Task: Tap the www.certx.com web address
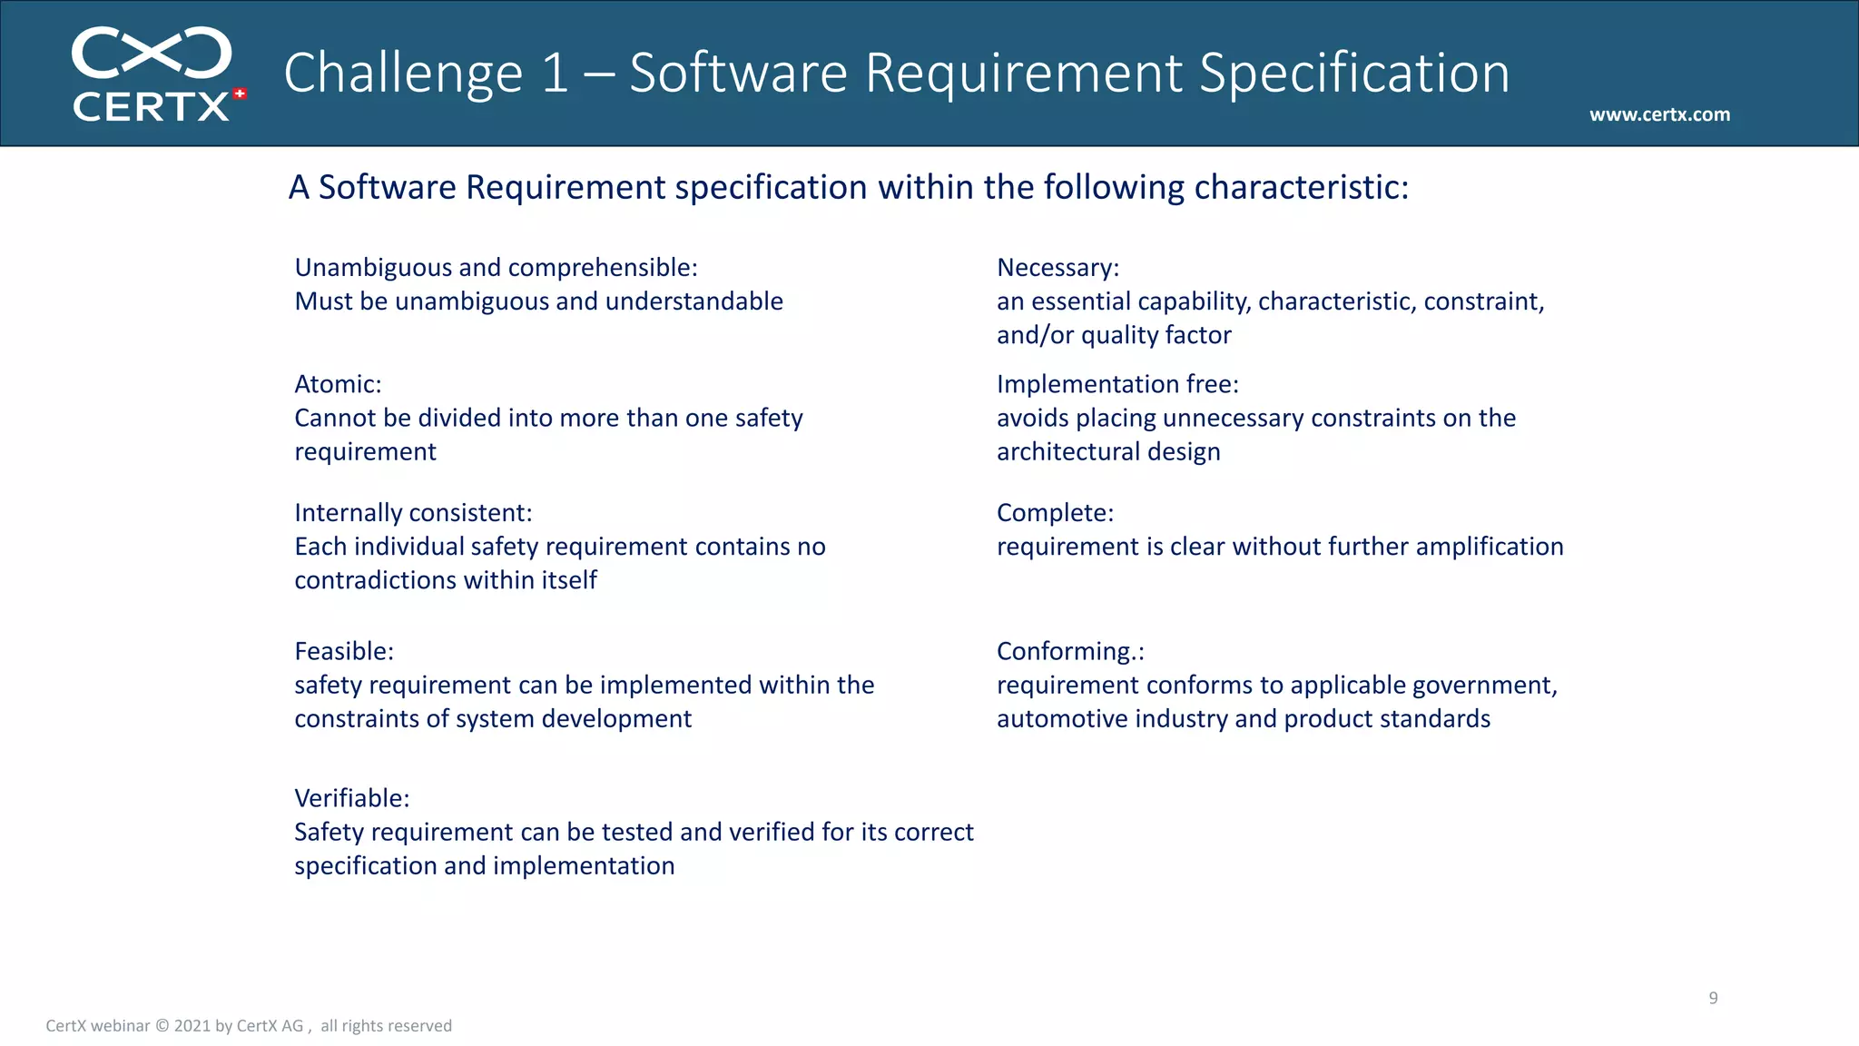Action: click(x=1659, y=114)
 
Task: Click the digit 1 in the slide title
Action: click(x=555, y=73)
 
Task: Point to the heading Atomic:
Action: click(x=338, y=384)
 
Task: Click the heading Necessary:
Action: click(x=1057, y=268)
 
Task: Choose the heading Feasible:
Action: click(x=344, y=651)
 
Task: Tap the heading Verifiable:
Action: click(x=352, y=798)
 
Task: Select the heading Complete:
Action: click(x=1055, y=513)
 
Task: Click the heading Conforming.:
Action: click(x=1070, y=651)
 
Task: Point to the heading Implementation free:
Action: click(x=1117, y=384)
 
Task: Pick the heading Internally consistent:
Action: click(x=413, y=513)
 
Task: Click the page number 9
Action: click(x=1713, y=998)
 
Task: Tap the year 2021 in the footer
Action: click(x=192, y=1026)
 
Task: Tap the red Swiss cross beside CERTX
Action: click(x=240, y=94)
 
